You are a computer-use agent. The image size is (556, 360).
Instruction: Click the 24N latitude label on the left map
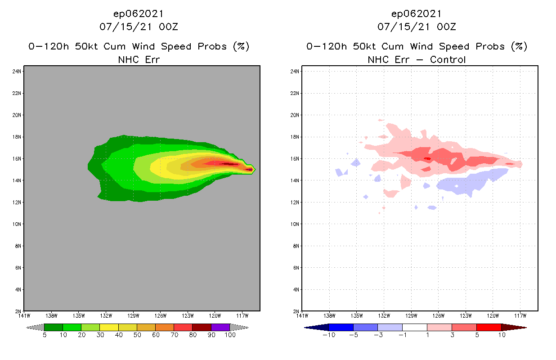point(18,71)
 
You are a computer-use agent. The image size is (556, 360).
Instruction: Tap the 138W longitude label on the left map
point(51,315)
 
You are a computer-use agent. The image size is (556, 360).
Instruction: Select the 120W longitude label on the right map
point(493,315)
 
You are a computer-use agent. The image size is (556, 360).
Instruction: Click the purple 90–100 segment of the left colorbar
point(220,327)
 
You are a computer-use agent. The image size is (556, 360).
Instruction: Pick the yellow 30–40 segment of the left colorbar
point(109,327)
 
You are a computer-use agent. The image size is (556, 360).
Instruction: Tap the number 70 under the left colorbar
point(174,335)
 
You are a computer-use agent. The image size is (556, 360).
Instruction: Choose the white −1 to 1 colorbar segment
point(414,327)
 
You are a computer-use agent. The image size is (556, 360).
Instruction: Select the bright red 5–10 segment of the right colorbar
point(489,327)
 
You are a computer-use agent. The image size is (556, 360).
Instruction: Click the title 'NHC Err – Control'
point(417,59)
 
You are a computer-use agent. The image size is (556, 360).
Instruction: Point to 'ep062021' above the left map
point(139,14)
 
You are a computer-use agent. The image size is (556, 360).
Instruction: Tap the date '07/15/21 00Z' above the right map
point(417,27)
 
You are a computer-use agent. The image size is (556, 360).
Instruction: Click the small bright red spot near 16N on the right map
point(427,158)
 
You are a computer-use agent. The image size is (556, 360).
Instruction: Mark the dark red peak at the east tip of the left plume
point(249,169)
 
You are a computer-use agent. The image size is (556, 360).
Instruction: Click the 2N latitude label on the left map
point(19,311)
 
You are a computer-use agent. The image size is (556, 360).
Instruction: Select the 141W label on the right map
point(302,315)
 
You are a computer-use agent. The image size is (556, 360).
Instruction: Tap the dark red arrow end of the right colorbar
point(513,327)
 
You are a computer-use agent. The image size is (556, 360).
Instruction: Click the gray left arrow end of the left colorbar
point(35,327)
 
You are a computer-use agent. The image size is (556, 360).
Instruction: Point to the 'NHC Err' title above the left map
point(139,59)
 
